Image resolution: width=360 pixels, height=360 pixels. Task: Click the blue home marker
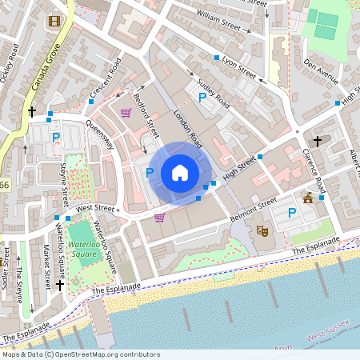point(179,173)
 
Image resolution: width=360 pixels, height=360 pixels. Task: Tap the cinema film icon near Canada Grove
point(54,22)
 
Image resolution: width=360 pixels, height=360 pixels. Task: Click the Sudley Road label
point(213,94)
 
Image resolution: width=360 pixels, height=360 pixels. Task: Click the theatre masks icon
point(261,230)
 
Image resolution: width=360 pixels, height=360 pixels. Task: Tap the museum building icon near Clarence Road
point(308,197)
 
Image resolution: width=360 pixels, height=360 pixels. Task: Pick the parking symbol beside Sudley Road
point(201,98)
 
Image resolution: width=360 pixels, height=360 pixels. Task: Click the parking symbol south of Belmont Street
point(292,213)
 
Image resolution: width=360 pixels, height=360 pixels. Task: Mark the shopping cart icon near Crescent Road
point(126,113)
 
